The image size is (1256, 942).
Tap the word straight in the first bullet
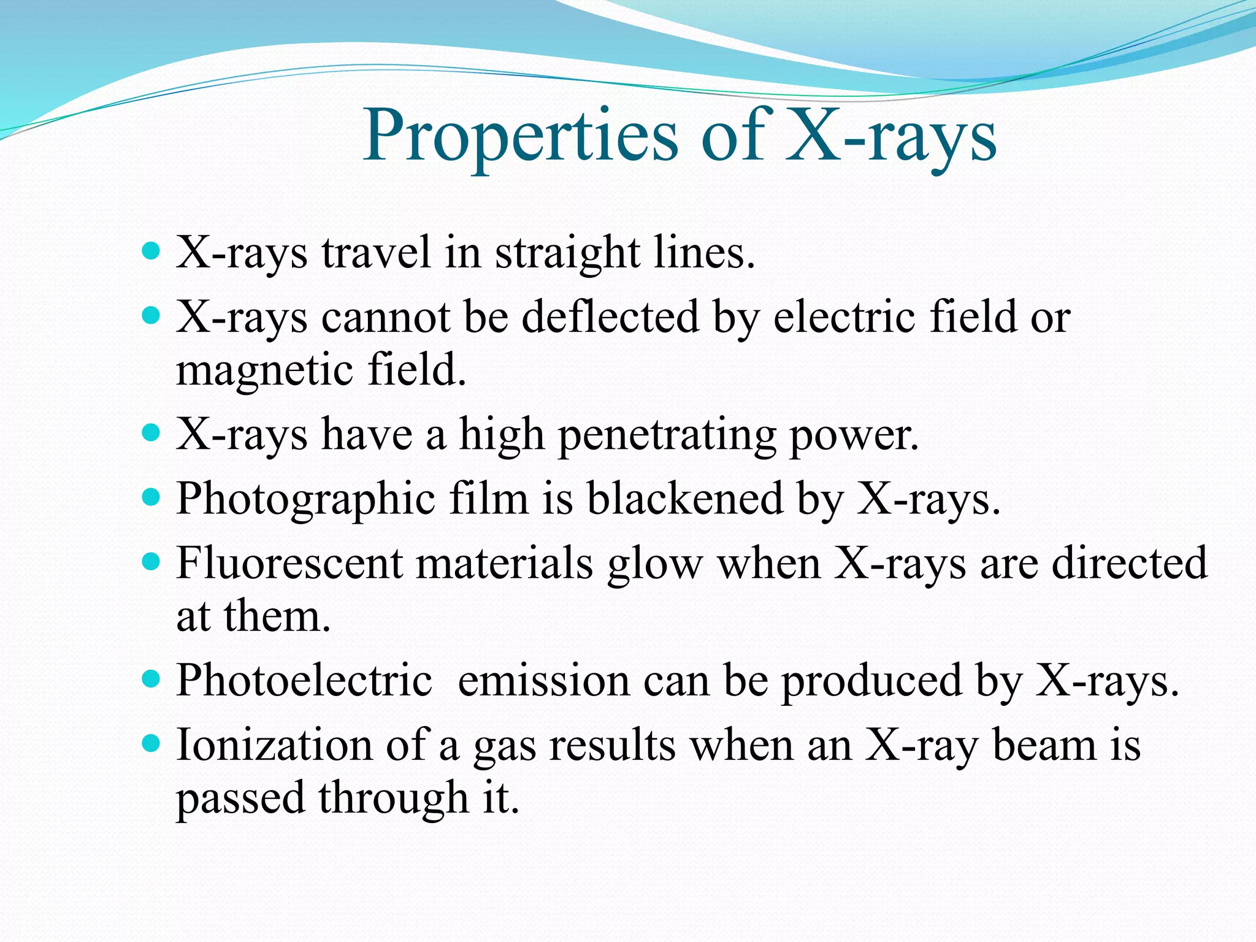[x=567, y=253]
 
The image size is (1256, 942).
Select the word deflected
[x=610, y=318]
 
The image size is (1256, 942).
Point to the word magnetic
[x=264, y=371]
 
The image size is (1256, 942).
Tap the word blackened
[x=685, y=499]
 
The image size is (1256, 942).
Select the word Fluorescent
[x=289, y=564]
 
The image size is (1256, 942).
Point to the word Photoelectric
[x=304, y=681]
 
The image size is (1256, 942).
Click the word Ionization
[x=274, y=746]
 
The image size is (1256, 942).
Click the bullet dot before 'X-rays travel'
[x=150, y=251]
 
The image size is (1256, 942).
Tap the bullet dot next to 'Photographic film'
[x=150, y=496]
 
